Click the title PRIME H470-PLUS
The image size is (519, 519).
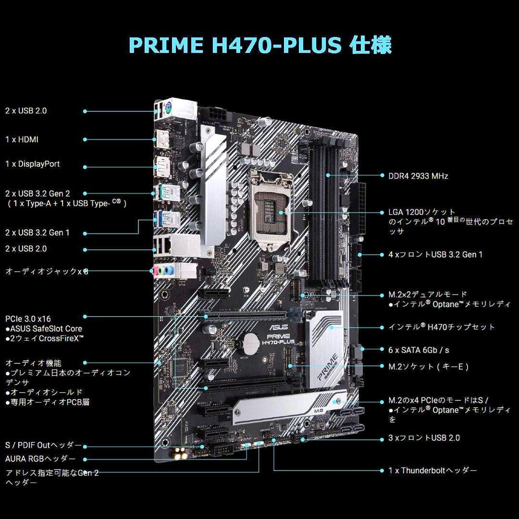tap(259, 45)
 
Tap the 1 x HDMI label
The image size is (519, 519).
tap(22, 139)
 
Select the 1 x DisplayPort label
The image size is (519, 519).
tap(33, 164)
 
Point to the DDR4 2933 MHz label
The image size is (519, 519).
tap(418, 176)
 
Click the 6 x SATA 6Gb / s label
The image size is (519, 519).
tap(419, 350)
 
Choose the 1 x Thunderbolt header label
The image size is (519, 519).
tap(432, 470)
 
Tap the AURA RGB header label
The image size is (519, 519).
tap(40, 458)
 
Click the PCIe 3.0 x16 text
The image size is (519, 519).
tap(28, 319)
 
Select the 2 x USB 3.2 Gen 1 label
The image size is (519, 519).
tap(37, 233)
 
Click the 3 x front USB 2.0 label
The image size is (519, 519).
tap(424, 438)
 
